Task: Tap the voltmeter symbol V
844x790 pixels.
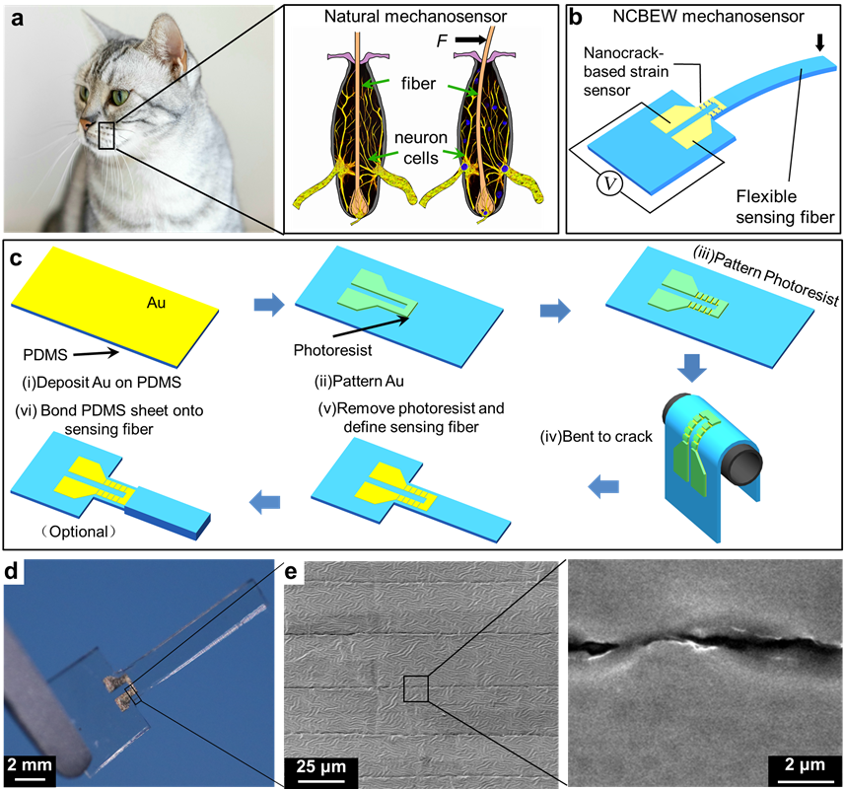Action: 610,188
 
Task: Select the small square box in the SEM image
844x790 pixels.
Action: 414,687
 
